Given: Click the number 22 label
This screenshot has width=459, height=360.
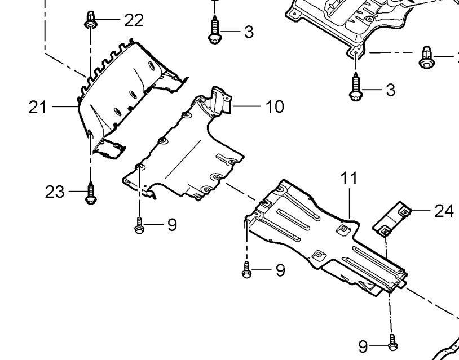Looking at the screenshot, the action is (x=134, y=20).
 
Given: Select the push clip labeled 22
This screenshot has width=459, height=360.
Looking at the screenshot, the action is (x=90, y=19).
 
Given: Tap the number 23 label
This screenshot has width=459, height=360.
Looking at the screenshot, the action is (x=55, y=192).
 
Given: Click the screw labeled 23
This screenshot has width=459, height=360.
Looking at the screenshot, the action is (x=91, y=193).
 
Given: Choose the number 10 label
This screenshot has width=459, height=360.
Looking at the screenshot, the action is (x=275, y=106).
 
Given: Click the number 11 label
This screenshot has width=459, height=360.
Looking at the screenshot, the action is (x=349, y=178).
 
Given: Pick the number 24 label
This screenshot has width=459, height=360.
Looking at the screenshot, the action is (x=444, y=211).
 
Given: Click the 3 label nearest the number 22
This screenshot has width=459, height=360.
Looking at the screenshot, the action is (x=249, y=32).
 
